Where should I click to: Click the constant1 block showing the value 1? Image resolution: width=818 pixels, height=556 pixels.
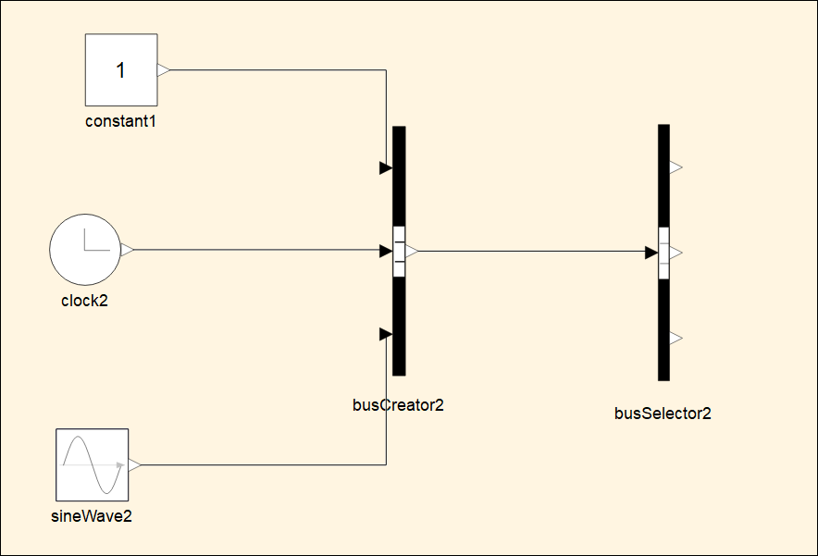point(121,69)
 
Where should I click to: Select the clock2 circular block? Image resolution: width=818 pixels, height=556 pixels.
point(84,250)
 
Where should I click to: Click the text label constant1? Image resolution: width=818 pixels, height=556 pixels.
point(120,121)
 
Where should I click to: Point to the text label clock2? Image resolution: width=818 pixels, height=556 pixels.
point(84,300)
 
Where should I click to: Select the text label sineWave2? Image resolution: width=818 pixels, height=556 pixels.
point(91,516)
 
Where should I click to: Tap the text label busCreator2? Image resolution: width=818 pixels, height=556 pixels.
point(399,404)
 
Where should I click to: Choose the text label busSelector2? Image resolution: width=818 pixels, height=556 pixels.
point(663,414)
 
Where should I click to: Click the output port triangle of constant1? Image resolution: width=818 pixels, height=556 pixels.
point(164,69)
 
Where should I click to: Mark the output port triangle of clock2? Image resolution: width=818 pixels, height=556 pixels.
point(127,250)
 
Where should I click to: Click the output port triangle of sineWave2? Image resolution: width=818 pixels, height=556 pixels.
point(134,465)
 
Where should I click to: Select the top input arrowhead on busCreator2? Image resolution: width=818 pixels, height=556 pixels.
point(386,168)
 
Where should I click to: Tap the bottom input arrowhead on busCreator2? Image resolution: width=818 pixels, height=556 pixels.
point(386,334)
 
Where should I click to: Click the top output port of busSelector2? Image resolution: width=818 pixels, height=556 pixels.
point(675,167)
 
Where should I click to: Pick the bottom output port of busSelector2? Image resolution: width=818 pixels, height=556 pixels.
point(675,339)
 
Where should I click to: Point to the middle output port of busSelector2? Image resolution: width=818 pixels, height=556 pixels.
point(675,252)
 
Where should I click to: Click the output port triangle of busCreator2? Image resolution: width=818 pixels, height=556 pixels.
point(412,250)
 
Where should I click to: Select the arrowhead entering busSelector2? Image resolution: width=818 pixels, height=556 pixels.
point(651,251)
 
